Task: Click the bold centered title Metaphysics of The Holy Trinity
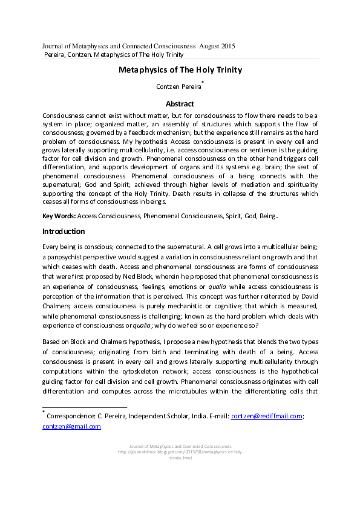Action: [180, 70]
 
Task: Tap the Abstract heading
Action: [180, 103]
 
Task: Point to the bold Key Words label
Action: [59, 216]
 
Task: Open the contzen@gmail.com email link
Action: [71, 426]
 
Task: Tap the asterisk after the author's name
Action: [202, 82]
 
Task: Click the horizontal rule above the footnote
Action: [84, 407]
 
